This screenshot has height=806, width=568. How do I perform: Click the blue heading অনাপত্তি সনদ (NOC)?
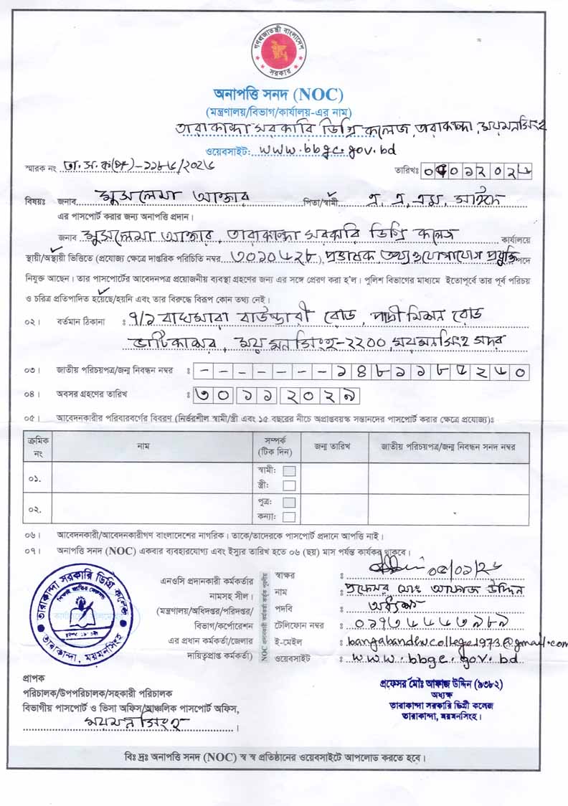pyautogui.click(x=279, y=94)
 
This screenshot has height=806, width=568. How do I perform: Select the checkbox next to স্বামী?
pyautogui.click(x=289, y=471)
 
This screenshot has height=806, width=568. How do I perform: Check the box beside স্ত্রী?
pyautogui.click(x=289, y=485)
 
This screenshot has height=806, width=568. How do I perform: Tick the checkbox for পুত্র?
pyautogui.click(x=289, y=503)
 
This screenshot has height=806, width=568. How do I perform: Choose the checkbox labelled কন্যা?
pyautogui.click(x=289, y=516)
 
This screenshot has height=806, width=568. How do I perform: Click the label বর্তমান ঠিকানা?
pyautogui.click(x=80, y=322)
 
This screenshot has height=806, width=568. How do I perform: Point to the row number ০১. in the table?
pyautogui.click(x=34, y=478)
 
